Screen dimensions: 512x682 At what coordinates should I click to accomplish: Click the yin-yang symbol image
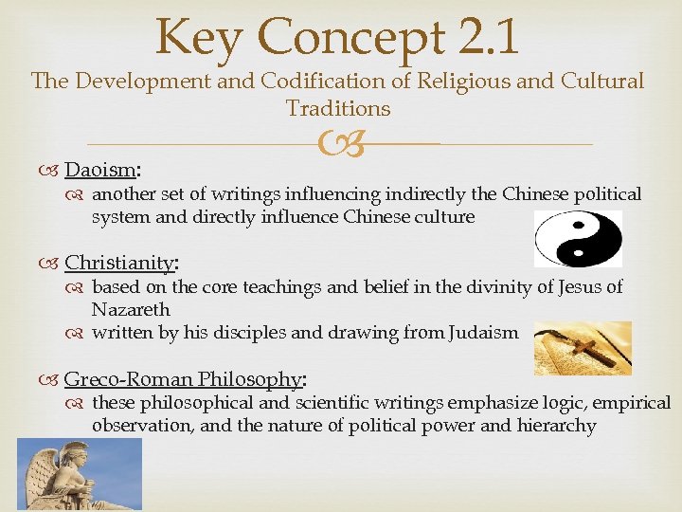click(578, 238)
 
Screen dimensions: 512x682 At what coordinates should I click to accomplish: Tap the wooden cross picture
click(583, 348)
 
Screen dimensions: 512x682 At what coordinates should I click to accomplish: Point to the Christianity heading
click(120, 263)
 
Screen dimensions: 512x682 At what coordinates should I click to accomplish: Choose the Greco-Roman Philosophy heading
click(182, 380)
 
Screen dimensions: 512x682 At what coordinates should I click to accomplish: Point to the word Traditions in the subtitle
click(338, 109)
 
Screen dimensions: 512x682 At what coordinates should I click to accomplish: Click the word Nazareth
click(131, 309)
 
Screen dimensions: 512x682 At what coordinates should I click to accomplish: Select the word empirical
click(628, 403)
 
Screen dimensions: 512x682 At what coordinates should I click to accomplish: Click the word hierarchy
click(559, 426)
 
